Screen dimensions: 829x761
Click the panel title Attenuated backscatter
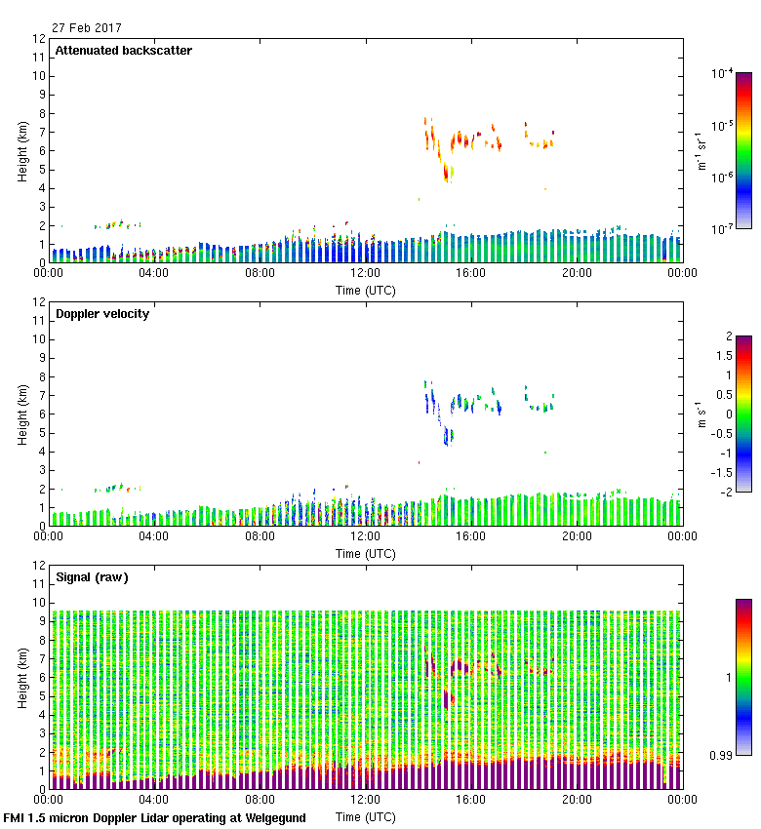tap(123, 51)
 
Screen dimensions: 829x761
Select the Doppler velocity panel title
tap(101, 314)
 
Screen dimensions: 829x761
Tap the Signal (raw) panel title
tap(92, 577)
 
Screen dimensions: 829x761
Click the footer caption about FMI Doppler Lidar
tap(155, 818)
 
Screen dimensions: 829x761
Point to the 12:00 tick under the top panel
tap(365, 273)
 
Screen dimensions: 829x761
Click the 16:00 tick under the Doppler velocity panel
tap(471, 536)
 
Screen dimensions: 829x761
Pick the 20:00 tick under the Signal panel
tap(577, 799)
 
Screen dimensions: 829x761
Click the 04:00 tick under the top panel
tap(154, 273)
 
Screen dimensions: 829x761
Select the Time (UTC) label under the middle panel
tap(365, 553)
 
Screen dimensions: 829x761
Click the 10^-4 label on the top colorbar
tap(723, 74)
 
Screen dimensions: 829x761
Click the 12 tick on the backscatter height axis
tap(40, 39)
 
